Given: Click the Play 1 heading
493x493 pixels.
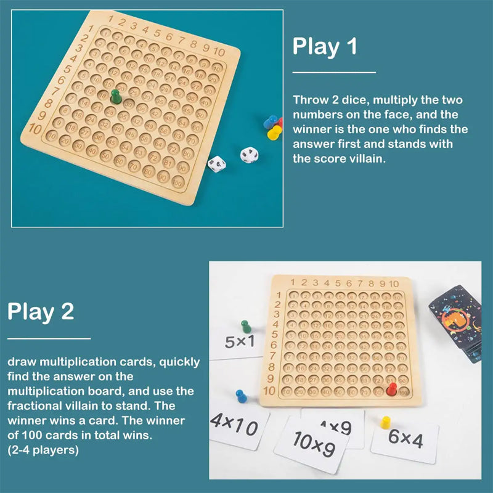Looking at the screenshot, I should [x=325, y=47].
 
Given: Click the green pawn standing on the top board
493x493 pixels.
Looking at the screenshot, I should [x=115, y=96].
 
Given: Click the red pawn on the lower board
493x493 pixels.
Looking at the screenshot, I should [x=391, y=388].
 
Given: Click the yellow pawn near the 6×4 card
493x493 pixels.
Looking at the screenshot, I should [x=386, y=422].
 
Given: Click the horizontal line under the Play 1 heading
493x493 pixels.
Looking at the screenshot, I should [x=333, y=73].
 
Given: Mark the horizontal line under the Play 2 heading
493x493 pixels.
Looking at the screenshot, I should [x=49, y=338].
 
